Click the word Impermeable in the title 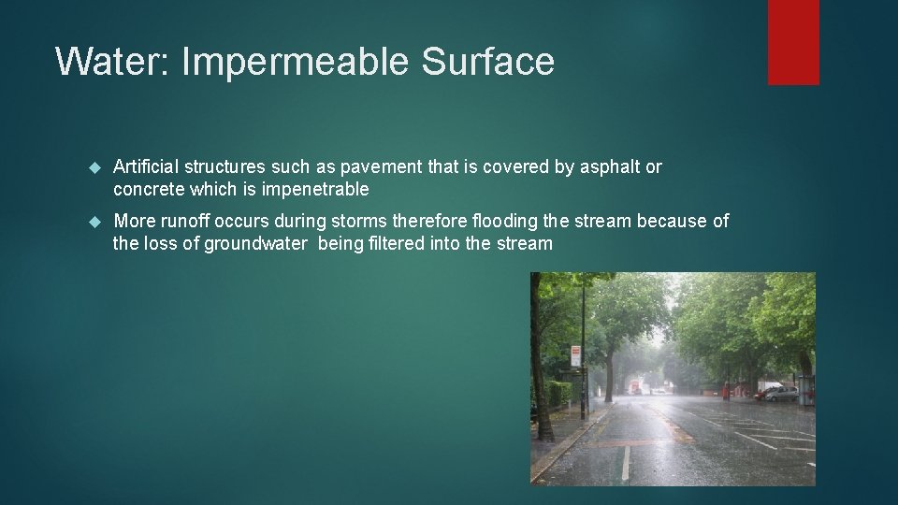(295, 63)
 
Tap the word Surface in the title (487, 63)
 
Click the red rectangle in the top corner (793, 41)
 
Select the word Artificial (146, 167)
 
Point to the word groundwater (255, 244)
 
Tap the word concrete (149, 190)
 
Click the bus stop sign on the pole (575, 355)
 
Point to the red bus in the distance (636, 386)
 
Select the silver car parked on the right (781, 394)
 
